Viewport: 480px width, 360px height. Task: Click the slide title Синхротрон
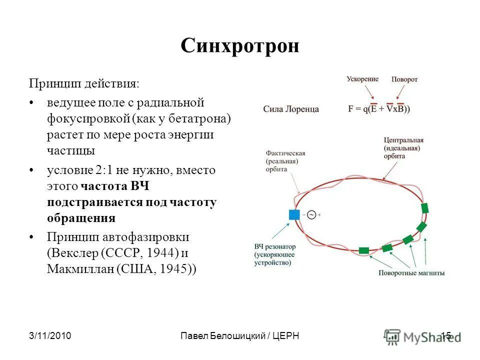coord(239,46)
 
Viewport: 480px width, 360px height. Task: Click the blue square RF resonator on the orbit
coord(294,214)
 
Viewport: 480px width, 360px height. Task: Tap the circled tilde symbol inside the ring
coord(311,214)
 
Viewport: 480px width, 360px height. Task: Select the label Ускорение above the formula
coord(362,79)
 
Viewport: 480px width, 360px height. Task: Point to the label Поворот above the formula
coord(404,79)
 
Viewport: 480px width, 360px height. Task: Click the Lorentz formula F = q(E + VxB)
coord(379,108)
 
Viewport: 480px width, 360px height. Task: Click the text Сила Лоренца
coord(291,109)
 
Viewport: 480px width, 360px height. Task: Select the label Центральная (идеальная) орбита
coord(404,148)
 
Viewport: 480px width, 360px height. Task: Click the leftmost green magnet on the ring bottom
coord(364,250)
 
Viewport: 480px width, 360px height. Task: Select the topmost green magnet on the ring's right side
coord(425,208)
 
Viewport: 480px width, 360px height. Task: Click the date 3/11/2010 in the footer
coord(49,336)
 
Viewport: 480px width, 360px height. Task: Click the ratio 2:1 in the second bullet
coord(104,170)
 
